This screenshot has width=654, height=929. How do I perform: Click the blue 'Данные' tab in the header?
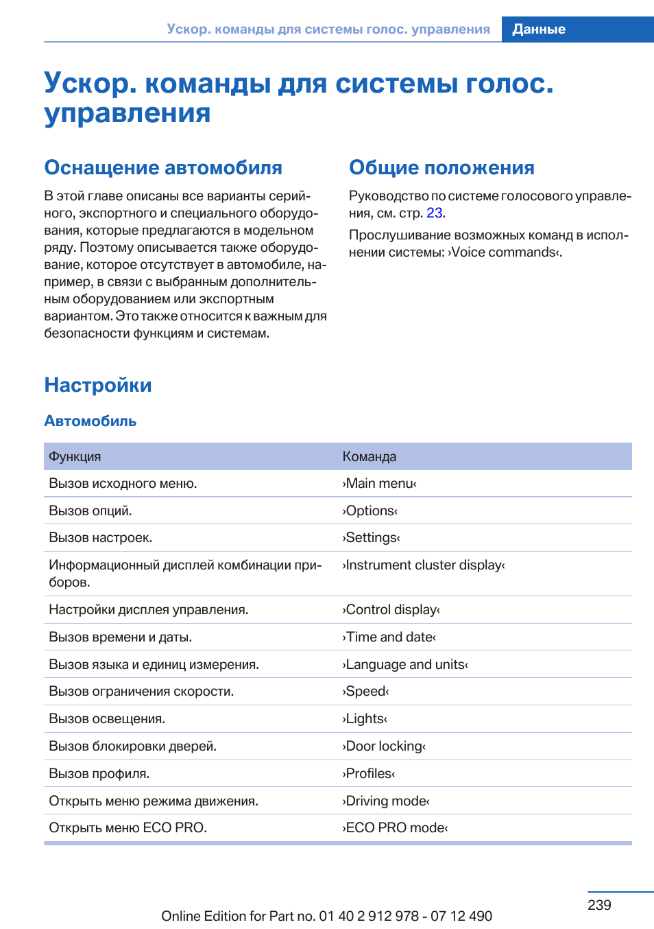539,30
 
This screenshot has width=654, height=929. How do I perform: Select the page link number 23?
434,213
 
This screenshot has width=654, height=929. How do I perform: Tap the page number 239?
598,905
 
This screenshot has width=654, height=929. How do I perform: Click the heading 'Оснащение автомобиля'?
163,168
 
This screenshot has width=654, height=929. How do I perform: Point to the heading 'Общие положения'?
441,168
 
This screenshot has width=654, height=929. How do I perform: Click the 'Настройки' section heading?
98,386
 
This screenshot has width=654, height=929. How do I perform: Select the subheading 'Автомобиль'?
90,421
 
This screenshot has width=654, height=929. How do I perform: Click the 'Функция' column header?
75,457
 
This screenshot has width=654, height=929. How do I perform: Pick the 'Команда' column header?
370,457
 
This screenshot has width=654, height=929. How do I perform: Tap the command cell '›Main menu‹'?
379,484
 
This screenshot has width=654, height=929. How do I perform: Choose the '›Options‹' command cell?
370,511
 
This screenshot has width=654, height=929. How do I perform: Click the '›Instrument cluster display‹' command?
424,565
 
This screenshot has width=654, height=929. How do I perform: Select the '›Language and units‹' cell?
405,665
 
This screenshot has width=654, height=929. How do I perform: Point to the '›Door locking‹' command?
384,746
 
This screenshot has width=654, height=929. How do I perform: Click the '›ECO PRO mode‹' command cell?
395,828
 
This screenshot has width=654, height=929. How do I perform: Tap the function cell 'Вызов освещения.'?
107,719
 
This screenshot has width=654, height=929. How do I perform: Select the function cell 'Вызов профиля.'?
99,774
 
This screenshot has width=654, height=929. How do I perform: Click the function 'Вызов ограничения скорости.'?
141,692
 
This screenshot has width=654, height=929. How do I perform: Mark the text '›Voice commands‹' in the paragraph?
505,252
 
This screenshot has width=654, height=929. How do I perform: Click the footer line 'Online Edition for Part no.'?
326,916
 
